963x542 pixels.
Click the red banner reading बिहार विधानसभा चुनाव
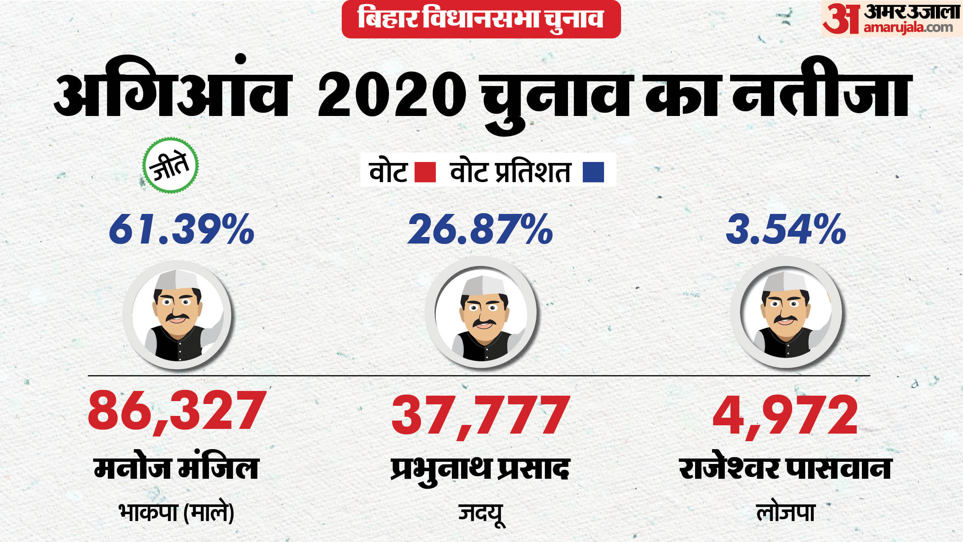pyautogui.click(x=481, y=19)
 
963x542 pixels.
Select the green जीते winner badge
pyautogui.click(x=170, y=166)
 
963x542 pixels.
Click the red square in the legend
pyautogui.click(x=425, y=172)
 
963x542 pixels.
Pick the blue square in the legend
pyautogui.click(x=593, y=172)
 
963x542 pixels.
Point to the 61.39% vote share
pyautogui.click(x=182, y=229)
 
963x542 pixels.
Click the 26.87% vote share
pyautogui.click(x=480, y=229)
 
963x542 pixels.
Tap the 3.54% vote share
pyautogui.click(x=786, y=229)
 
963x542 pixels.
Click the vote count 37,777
pyautogui.click(x=480, y=414)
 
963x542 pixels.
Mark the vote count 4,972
pyautogui.click(x=785, y=414)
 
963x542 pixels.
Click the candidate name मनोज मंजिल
pyautogui.click(x=176, y=468)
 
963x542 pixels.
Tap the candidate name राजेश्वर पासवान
pyautogui.click(x=785, y=468)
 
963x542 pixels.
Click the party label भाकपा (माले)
pyautogui.click(x=176, y=512)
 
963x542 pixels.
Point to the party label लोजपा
pyautogui.click(x=785, y=512)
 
